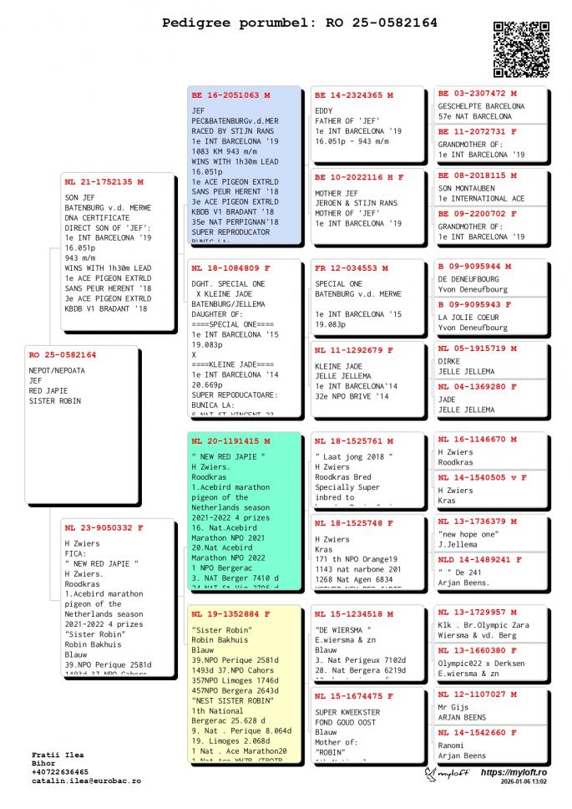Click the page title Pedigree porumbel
[299, 23]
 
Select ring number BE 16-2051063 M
[230, 95]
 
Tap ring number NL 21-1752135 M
[104, 181]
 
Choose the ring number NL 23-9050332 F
[104, 527]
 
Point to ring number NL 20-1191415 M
[230, 440]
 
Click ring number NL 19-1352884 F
[230, 613]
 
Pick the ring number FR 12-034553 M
[351, 268]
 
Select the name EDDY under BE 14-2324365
[324, 110]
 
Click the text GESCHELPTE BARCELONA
[481, 106]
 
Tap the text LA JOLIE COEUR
[469, 318]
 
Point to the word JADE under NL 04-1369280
[448, 399]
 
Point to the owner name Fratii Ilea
[58, 754]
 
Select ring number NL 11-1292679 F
[354, 350]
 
